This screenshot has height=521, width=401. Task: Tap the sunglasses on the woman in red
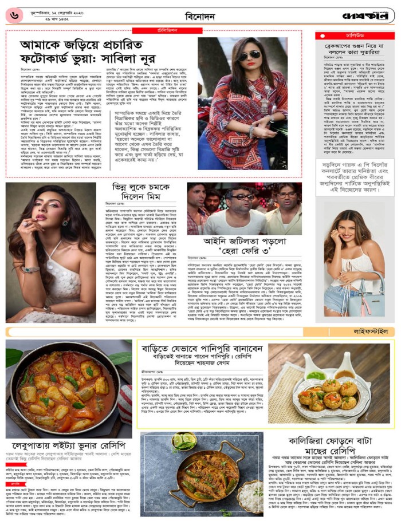click(x=250, y=55)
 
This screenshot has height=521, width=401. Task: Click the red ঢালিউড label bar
click(x=355, y=35)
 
